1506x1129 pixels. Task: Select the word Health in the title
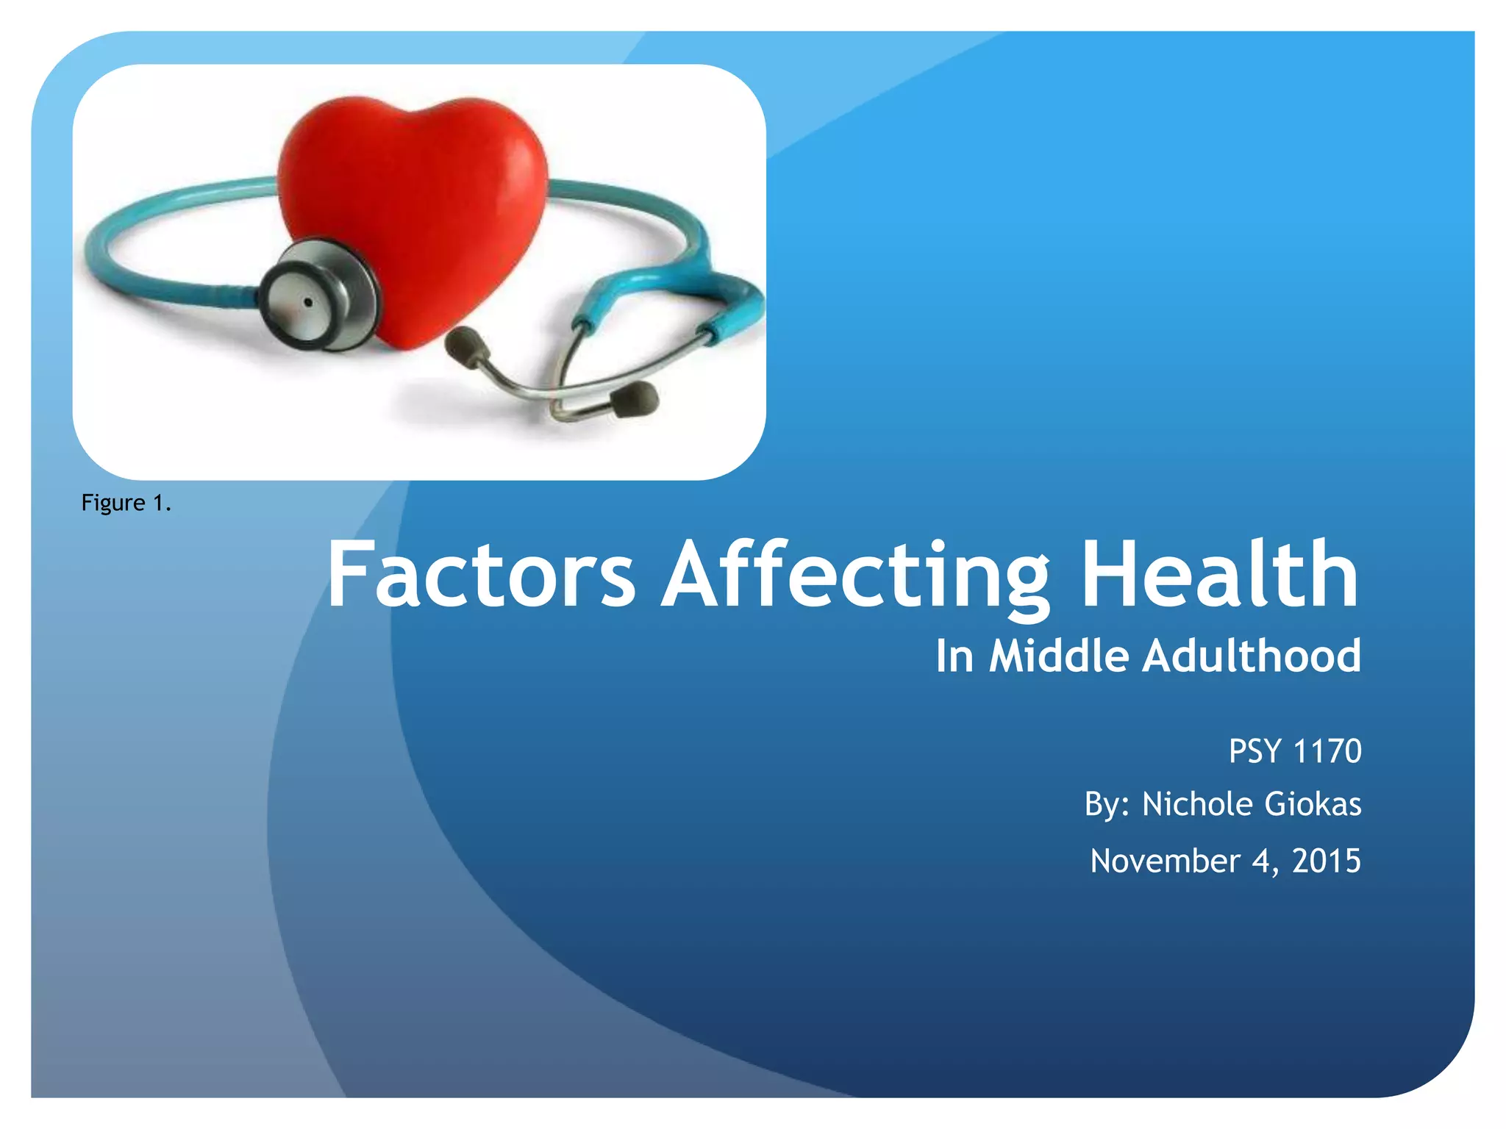click(x=1219, y=575)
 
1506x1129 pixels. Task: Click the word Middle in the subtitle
click(x=1058, y=656)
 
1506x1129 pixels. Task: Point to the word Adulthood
click(x=1251, y=656)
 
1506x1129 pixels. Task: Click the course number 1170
click(x=1327, y=751)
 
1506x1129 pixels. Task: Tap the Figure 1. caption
click(x=126, y=503)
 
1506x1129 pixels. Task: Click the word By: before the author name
click(x=1107, y=804)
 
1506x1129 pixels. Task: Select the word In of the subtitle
click(x=954, y=656)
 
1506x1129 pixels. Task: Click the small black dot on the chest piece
click(x=308, y=302)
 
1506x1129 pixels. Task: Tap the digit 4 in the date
click(x=1262, y=861)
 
